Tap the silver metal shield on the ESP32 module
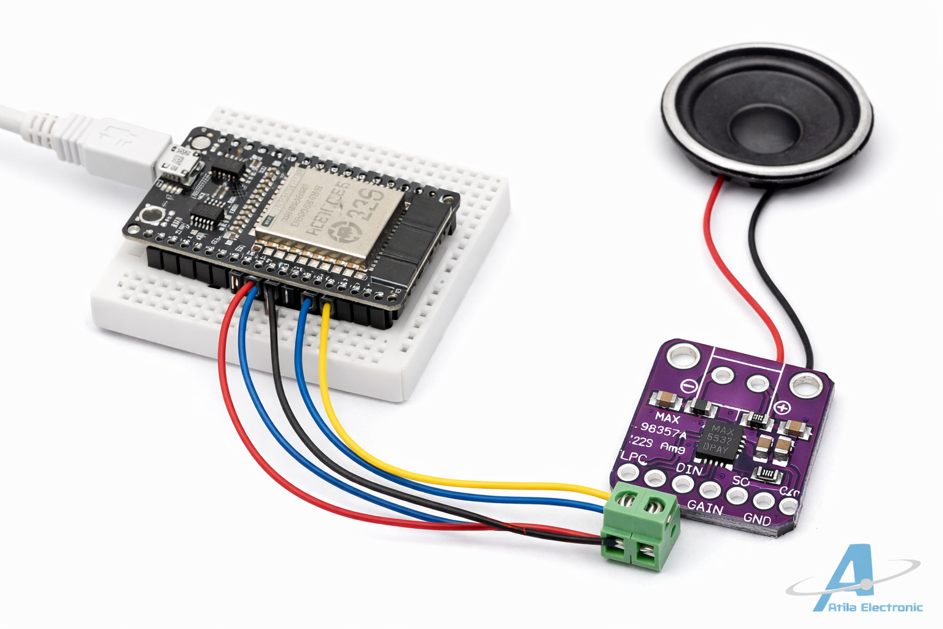332,215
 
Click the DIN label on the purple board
689,469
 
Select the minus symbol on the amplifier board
688,386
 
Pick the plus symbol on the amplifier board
782,407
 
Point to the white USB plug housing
123,145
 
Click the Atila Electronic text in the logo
875,608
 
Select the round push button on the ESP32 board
150,216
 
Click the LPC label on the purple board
634,458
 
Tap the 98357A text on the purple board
663,431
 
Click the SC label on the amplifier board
740,480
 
